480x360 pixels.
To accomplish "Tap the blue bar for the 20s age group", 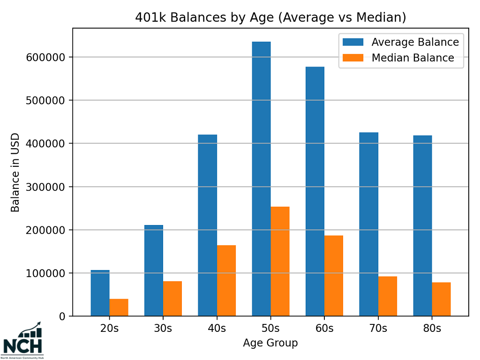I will click(x=100, y=293).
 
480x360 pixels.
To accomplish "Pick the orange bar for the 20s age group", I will click(x=119, y=307).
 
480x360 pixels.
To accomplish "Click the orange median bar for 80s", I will click(x=441, y=299).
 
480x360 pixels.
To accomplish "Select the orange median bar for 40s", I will click(x=226, y=281).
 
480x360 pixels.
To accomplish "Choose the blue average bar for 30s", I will click(x=154, y=270).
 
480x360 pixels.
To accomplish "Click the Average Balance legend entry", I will click(x=401, y=42).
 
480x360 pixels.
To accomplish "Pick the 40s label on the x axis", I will click(x=217, y=328).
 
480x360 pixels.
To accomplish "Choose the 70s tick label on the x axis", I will click(x=378, y=328).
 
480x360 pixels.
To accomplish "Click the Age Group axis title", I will click(x=270, y=343).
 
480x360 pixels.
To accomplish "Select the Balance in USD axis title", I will click(x=15, y=172).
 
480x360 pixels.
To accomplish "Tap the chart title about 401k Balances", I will click(x=270, y=17).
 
